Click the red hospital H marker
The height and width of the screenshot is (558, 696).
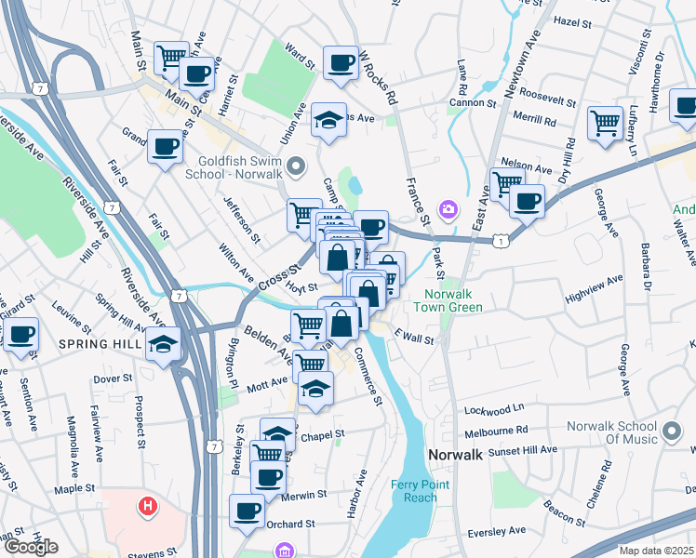click(x=146, y=507)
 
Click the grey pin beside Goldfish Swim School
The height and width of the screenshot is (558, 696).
click(x=297, y=167)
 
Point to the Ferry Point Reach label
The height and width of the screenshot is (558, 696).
click(x=421, y=491)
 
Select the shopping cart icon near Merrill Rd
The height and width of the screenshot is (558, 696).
click(x=605, y=121)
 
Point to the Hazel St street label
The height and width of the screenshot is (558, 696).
click(x=572, y=20)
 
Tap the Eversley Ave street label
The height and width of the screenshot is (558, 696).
click(x=496, y=532)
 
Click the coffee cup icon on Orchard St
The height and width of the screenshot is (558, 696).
click(x=248, y=510)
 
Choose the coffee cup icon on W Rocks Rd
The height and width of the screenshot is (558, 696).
click(x=341, y=61)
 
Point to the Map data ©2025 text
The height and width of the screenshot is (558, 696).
click(x=656, y=551)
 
